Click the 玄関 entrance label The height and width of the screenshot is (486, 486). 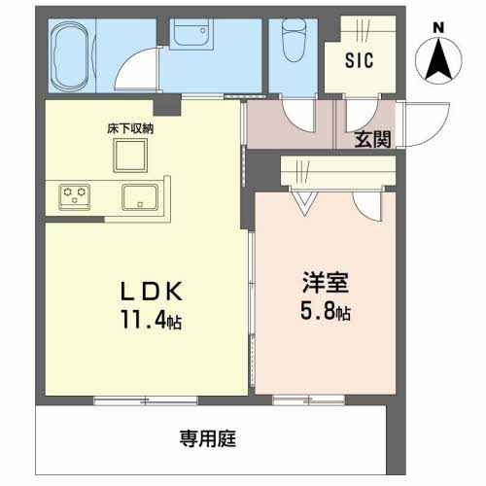pyautogui.click(x=372, y=139)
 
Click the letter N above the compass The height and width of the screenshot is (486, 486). pyautogui.click(x=437, y=26)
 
